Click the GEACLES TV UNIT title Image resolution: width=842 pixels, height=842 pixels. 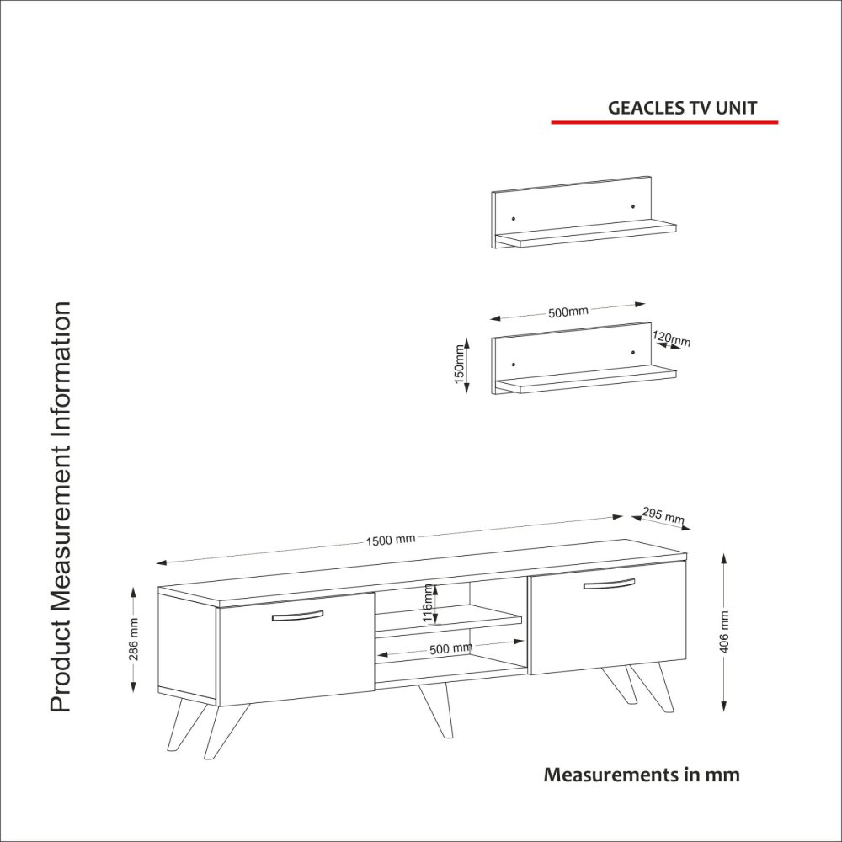[682, 108]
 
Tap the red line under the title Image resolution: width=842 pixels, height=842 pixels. [664, 122]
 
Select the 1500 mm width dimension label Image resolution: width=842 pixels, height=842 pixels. [391, 540]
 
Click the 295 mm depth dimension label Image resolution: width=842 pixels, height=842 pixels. [663, 515]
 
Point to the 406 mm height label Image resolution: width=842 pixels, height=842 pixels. [724, 631]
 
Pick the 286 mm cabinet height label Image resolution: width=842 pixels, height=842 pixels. [134, 639]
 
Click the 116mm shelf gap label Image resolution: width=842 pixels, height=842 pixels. [428, 603]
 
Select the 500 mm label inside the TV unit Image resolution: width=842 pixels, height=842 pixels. [451, 648]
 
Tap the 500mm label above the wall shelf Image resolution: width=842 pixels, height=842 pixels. [568, 312]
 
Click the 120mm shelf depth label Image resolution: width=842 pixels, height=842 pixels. [672, 338]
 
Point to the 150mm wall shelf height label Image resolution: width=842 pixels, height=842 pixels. [459, 364]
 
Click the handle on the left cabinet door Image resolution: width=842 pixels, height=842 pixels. [297, 616]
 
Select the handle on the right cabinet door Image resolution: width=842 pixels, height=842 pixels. [609, 584]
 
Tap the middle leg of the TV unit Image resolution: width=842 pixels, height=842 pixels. [437, 709]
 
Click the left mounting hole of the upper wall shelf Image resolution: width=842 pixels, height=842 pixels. [514, 219]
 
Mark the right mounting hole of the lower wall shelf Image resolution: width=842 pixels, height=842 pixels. [633, 353]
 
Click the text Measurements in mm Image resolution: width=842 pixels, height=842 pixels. [642, 775]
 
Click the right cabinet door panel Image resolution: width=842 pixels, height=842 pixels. [609, 618]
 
